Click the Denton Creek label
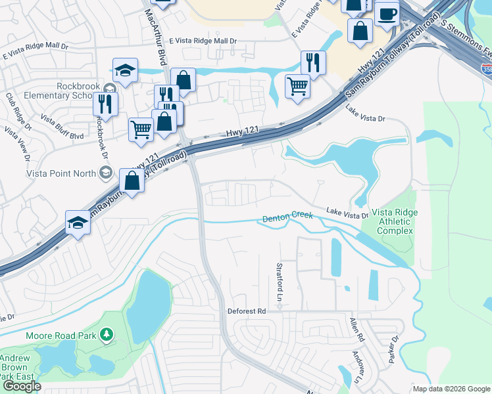[288, 218]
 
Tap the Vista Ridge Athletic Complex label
[393, 221]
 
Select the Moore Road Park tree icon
[106, 336]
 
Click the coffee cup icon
[387, 14]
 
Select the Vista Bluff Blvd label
[62, 127]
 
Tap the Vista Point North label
[61, 173]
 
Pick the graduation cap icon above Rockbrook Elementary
[125, 70]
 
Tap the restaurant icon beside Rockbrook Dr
[105, 104]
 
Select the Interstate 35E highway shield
[486, 67]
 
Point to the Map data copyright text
[451, 389]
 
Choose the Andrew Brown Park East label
[14, 368]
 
